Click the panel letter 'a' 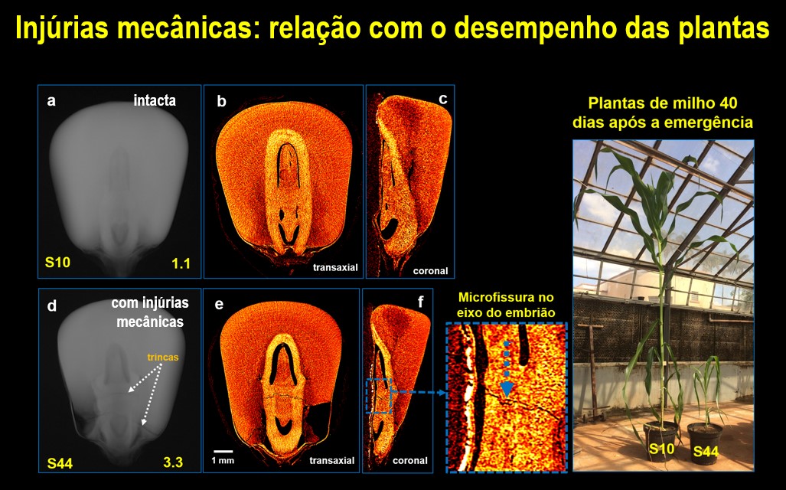[51, 101]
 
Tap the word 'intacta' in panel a [155, 100]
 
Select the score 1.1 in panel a [181, 263]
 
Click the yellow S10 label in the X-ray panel [57, 262]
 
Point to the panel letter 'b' [221, 102]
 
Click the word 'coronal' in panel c [430, 271]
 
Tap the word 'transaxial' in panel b [335, 267]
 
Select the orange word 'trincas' [163, 357]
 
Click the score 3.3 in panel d [173, 462]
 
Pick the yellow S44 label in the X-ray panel [60, 463]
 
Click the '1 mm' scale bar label [223, 460]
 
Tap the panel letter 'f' [420, 302]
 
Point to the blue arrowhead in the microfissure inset [507, 389]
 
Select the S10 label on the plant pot [662, 448]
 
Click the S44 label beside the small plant [706, 452]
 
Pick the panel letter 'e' [219, 305]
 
